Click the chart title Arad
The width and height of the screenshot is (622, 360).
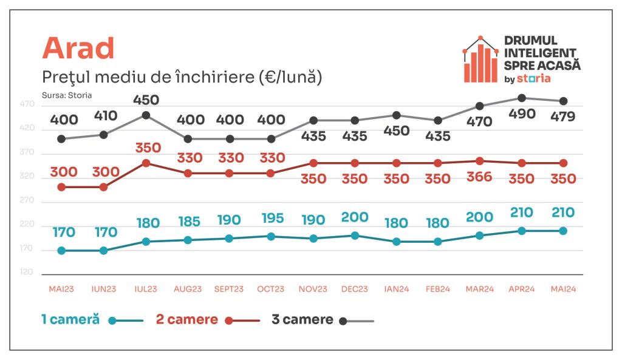coord(78,48)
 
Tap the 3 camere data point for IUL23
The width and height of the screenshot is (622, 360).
coord(145,115)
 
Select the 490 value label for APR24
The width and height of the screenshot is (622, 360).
coord(521,114)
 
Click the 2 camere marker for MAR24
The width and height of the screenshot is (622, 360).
coord(479,161)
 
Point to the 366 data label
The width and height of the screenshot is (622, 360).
coord(479,178)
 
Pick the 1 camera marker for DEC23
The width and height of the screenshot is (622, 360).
coord(354,236)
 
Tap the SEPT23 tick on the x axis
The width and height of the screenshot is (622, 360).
coord(228,289)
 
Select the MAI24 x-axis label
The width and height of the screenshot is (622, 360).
coord(563,289)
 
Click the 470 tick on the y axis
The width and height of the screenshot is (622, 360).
coord(27,104)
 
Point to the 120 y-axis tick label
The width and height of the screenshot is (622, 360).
coord(27,273)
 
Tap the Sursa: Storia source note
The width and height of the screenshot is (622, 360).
coord(63,95)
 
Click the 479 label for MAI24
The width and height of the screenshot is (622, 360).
coord(563,117)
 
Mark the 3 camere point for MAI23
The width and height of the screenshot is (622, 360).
coord(61,138)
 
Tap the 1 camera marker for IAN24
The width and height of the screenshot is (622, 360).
coord(396,242)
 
